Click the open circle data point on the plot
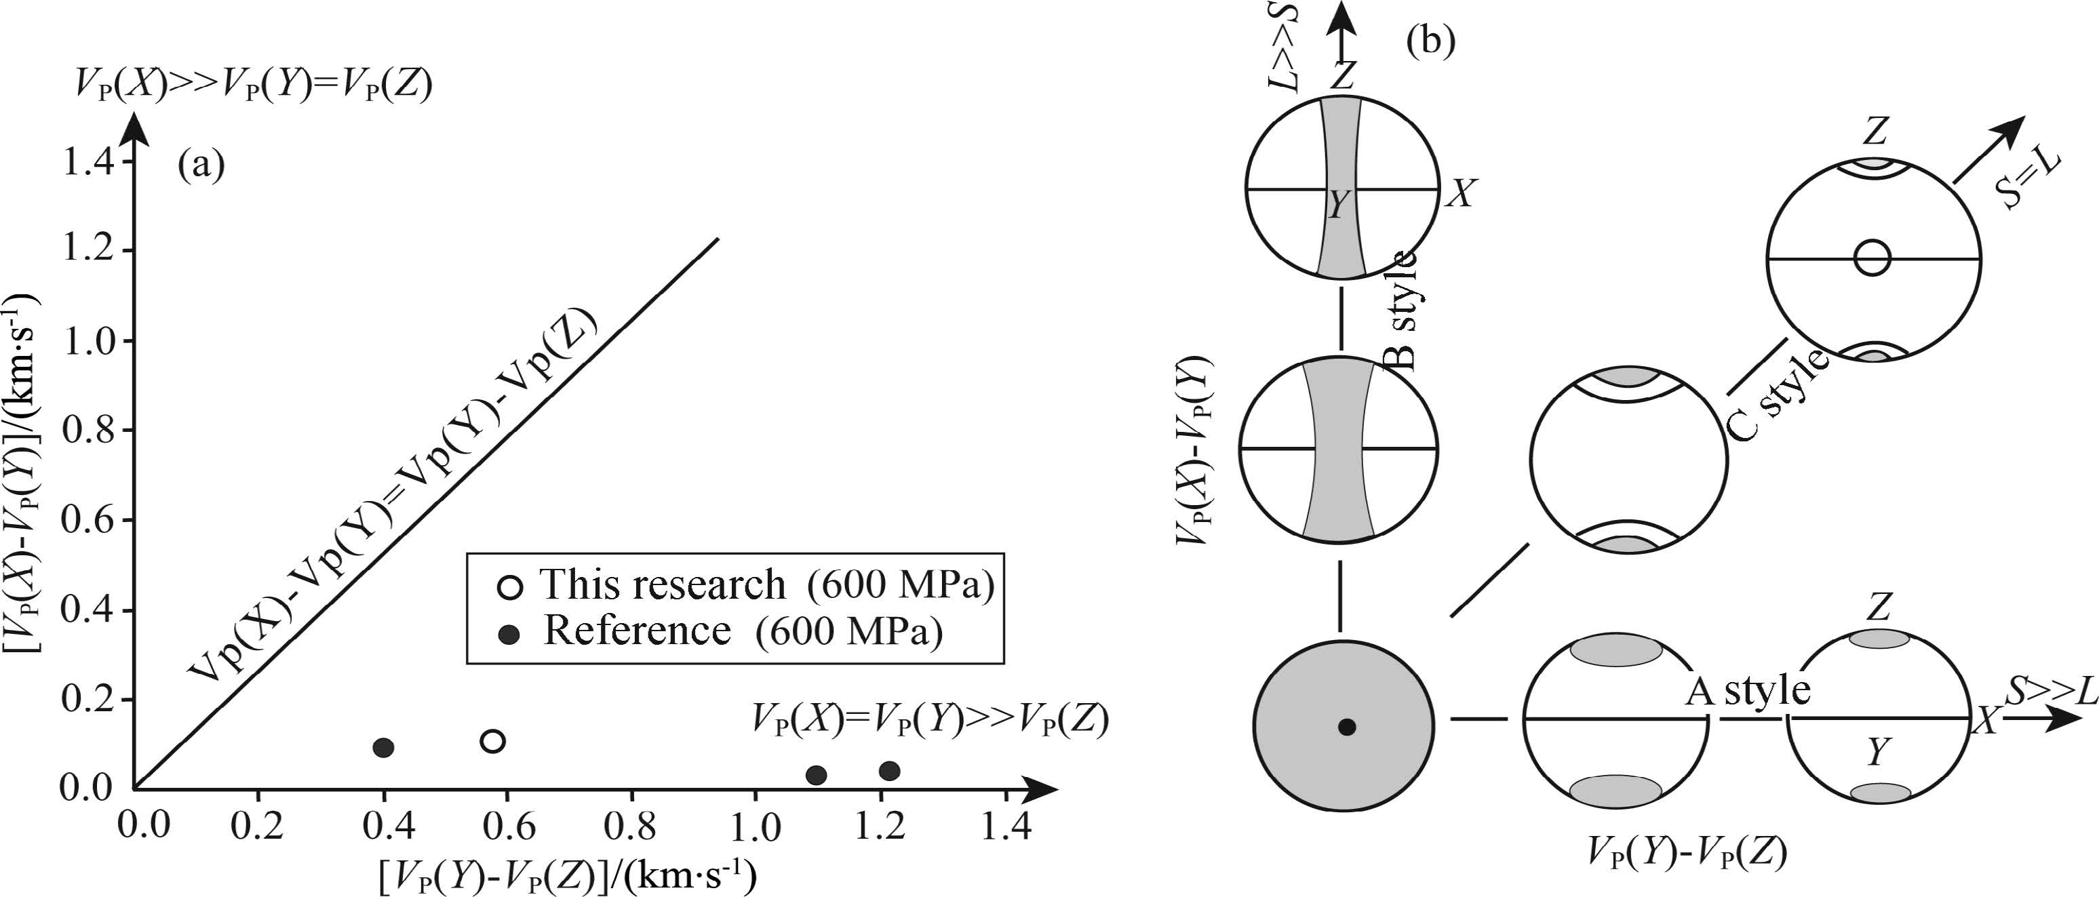coord(493,740)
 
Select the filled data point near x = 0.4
coord(384,747)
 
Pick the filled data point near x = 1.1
coord(817,775)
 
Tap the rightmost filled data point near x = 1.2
coord(890,770)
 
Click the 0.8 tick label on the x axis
coord(631,826)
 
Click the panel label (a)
coord(201,165)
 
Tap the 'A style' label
coord(1747,691)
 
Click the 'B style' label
coord(1403,310)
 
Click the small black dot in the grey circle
coord(1347,727)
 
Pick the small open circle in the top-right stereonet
coord(1872,258)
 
